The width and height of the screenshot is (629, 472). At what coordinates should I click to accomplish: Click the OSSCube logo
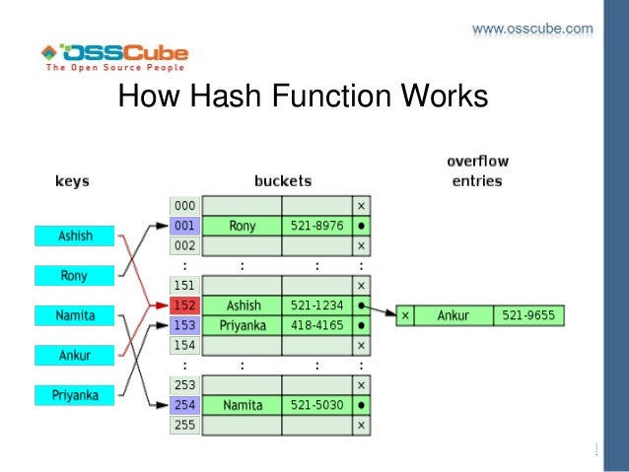tap(113, 58)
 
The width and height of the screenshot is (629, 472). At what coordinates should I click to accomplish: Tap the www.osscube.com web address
tap(532, 29)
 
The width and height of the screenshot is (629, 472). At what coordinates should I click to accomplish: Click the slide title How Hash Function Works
tap(303, 99)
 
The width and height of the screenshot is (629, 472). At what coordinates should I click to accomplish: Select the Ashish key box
tap(75, 236)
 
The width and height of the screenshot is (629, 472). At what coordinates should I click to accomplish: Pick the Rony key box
tap(75, 276)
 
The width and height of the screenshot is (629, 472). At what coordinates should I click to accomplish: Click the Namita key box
tap(75, 315)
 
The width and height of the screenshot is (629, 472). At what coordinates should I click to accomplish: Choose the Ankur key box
tap(75, 355)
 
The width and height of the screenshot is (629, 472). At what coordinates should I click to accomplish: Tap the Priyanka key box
tap(75, 395)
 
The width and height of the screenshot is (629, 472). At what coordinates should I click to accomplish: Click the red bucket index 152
tap(184, 305)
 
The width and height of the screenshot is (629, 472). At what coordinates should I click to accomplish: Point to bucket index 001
tap(184, 226)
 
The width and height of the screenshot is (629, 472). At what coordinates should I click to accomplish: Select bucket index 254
tap(184, 405)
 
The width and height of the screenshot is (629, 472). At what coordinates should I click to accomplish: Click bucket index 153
tap(184, 325)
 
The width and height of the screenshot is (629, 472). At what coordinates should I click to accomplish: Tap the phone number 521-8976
tap(316, 226)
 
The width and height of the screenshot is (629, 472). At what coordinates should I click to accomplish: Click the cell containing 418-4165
tap(316, 325)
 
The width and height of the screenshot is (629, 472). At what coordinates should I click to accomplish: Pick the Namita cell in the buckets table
tap(244, 405)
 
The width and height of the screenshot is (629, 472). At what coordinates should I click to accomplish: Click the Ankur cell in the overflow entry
tap(454, 316)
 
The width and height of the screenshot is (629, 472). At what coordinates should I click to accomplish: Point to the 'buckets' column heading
tap(282, 181)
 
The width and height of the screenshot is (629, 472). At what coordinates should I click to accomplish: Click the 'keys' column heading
tap(71, 181)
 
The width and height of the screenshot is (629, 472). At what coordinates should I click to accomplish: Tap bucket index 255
tap(184, 425)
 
